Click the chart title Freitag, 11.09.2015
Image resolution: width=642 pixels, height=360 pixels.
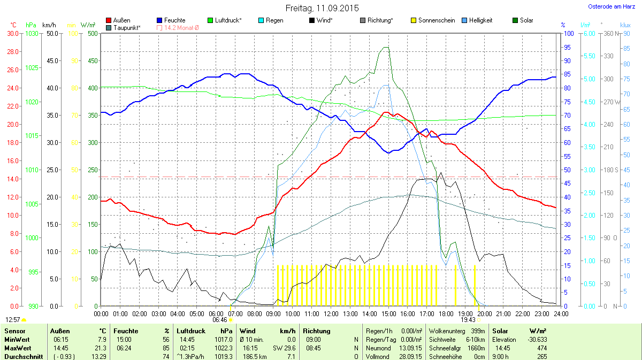tap(322, 8)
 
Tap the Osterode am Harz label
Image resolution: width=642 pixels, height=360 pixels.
tap(612, 6)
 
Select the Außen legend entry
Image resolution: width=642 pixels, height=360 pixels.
tap(121, 20)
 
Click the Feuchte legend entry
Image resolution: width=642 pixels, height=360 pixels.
tap(174, 20)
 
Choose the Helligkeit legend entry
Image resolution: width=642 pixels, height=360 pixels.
tap(480, 20)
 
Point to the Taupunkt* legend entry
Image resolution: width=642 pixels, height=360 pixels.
tap(127, 27)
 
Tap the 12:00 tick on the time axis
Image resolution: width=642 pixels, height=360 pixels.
tap(331, 313)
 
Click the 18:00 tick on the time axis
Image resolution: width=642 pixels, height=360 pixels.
tap(446, 313)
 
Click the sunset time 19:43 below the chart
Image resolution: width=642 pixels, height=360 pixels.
tap(468, 319)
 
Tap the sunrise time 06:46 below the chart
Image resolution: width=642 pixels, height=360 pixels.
tap(219, 319)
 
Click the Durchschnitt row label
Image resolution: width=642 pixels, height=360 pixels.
tap(24, 356)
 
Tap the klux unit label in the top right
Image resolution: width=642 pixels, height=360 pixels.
tap(625, 25)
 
